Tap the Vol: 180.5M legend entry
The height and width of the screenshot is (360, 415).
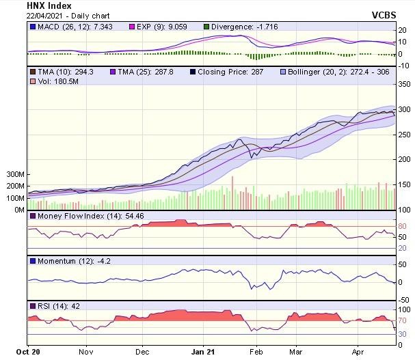click(x=55, y=81)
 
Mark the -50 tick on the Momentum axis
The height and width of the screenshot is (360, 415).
click(x=404, y=300)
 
